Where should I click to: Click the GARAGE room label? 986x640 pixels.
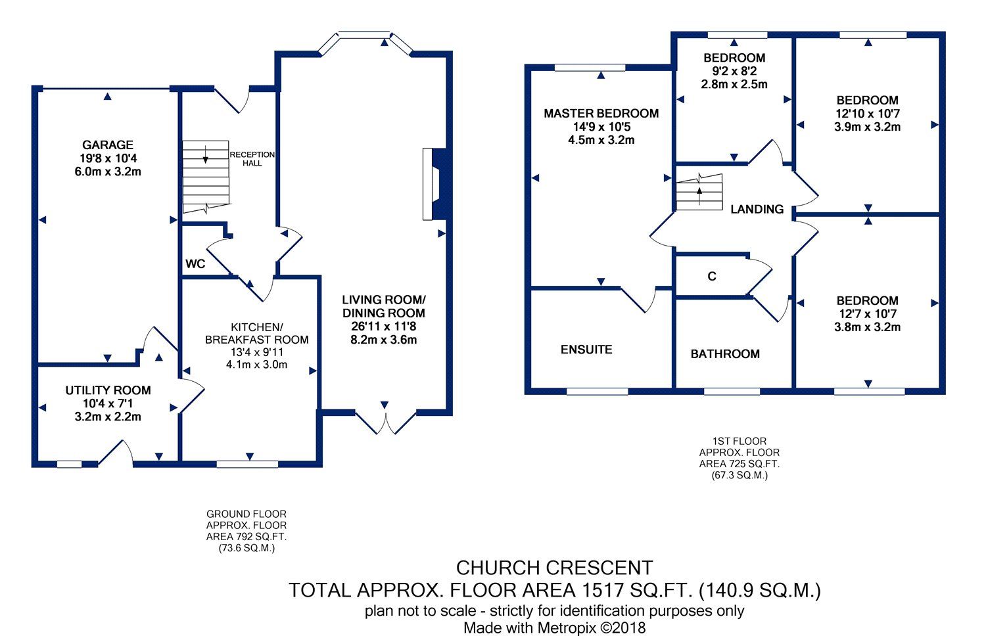[x=108, y=145]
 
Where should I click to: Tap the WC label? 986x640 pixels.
[x=195, y=264]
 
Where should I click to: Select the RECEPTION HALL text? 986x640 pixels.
[x=252, y=158]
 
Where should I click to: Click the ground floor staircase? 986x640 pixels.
[x=206, y=176]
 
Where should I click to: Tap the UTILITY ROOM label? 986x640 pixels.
[x=108, y=390]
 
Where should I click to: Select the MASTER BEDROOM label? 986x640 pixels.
[x=601, y=114]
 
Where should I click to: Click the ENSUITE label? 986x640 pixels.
[x=586, y=350]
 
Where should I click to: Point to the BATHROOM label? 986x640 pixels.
[x=725, y=354]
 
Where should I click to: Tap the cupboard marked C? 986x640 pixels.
[x=712, y=277]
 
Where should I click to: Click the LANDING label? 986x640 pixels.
[x=757, y=209]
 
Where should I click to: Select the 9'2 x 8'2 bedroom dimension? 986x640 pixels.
[x=734, y=71]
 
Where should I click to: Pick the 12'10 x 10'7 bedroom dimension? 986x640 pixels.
[x=867, y=114]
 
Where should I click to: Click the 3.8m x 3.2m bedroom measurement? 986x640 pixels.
[x=867, y=327]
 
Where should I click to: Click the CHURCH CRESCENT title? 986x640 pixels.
[x=554, y=568]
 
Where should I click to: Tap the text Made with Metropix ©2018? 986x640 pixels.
[x=554, y=628]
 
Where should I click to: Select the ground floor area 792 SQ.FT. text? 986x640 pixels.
[x=246, y=537]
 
